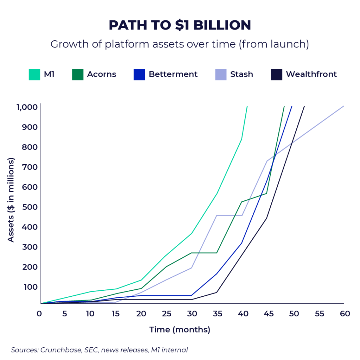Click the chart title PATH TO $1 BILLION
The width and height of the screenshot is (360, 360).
click(180, 25)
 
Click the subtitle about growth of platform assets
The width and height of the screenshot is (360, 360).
click(180, 44)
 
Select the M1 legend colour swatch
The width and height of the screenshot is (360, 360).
click(34, 75)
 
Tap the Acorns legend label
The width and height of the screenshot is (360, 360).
click(102, 75)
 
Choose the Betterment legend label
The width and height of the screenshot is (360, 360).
click(173, 75)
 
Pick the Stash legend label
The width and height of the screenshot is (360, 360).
click(242, 75)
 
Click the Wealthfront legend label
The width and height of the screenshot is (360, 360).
click(311, 75)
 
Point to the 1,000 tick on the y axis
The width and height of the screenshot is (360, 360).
click(27, 107)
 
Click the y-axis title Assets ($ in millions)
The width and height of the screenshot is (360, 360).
click(11, 200)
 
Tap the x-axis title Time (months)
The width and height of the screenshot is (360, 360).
click(180, 330)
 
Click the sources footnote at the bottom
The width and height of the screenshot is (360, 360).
click(99, 350)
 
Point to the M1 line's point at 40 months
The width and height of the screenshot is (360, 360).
click(242, 139)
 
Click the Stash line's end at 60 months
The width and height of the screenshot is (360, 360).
click(343, 106)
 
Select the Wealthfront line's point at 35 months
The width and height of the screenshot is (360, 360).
click(217, 292)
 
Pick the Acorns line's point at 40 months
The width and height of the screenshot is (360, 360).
click(242, 202)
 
